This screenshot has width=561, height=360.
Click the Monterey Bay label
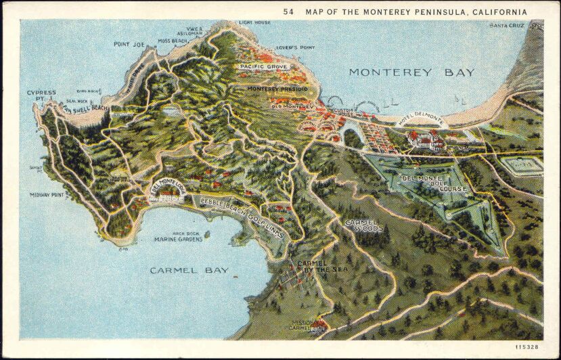411,72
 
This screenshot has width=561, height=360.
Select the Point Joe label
129,45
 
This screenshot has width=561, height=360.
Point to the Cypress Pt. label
41,96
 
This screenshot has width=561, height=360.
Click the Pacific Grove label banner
263,67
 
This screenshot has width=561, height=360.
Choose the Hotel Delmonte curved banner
420,120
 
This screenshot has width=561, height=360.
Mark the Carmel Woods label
364,225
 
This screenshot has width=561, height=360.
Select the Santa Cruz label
507,26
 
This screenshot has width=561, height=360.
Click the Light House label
254,23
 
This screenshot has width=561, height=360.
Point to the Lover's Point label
296,48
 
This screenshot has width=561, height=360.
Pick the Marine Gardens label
179,239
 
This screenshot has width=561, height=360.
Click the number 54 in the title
289,12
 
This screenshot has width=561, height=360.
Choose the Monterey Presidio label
277,89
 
